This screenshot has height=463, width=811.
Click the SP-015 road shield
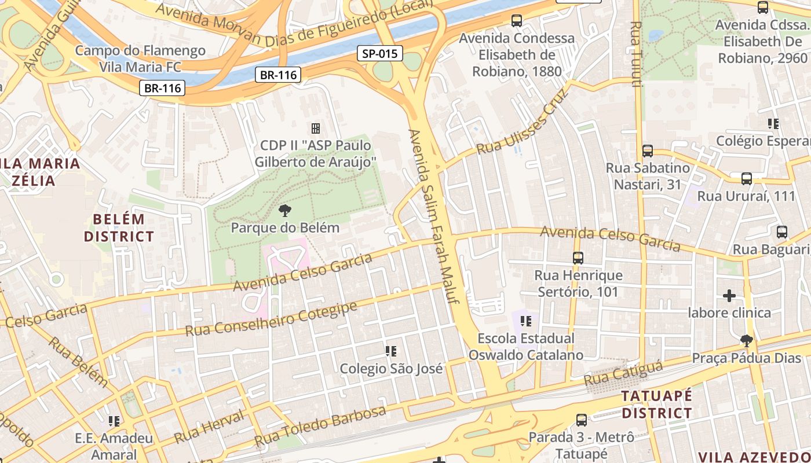pyautogui.click(x=379, y=54)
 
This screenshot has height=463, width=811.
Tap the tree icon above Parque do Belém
pyautogui.click(x=284, y=210)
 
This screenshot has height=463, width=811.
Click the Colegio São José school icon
pyautogui.click(x=391, y=351)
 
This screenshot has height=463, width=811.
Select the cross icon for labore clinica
pyautogui.click(x=729, y=296)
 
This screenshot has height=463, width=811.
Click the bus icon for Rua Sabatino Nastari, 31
pyautogui.click(x=648, y=151)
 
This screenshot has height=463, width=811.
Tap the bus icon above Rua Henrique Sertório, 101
pyautogui.click(x=578, y=258)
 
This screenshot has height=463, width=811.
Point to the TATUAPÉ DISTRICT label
pyautogui.click(x=656, y=405)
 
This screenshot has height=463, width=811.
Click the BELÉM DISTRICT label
pyautogui.click(x=119, y=228)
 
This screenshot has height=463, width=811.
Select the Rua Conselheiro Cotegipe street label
pyautogui.click(x=271, y=319)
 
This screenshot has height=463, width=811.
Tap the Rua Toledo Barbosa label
pyautogui.click(x=320, y=425)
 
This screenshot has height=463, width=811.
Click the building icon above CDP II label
pyautogui.click(x=316, y=128)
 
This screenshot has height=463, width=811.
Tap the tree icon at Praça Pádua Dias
pyautogui.click(x=747, y=340)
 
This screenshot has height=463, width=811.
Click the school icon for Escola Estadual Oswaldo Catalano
pyautogui.click(x=526, y=321)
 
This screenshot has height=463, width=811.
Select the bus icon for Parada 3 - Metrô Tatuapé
pyautogui.click(x=582, y=420)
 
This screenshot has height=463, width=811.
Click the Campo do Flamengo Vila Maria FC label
pyautogui.click(x=140, y=58)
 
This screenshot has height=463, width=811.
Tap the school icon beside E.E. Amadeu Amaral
pyautogui.click(x=114, y=421)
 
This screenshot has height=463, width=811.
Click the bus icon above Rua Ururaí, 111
pyautogui.click(x=747, y=179)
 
